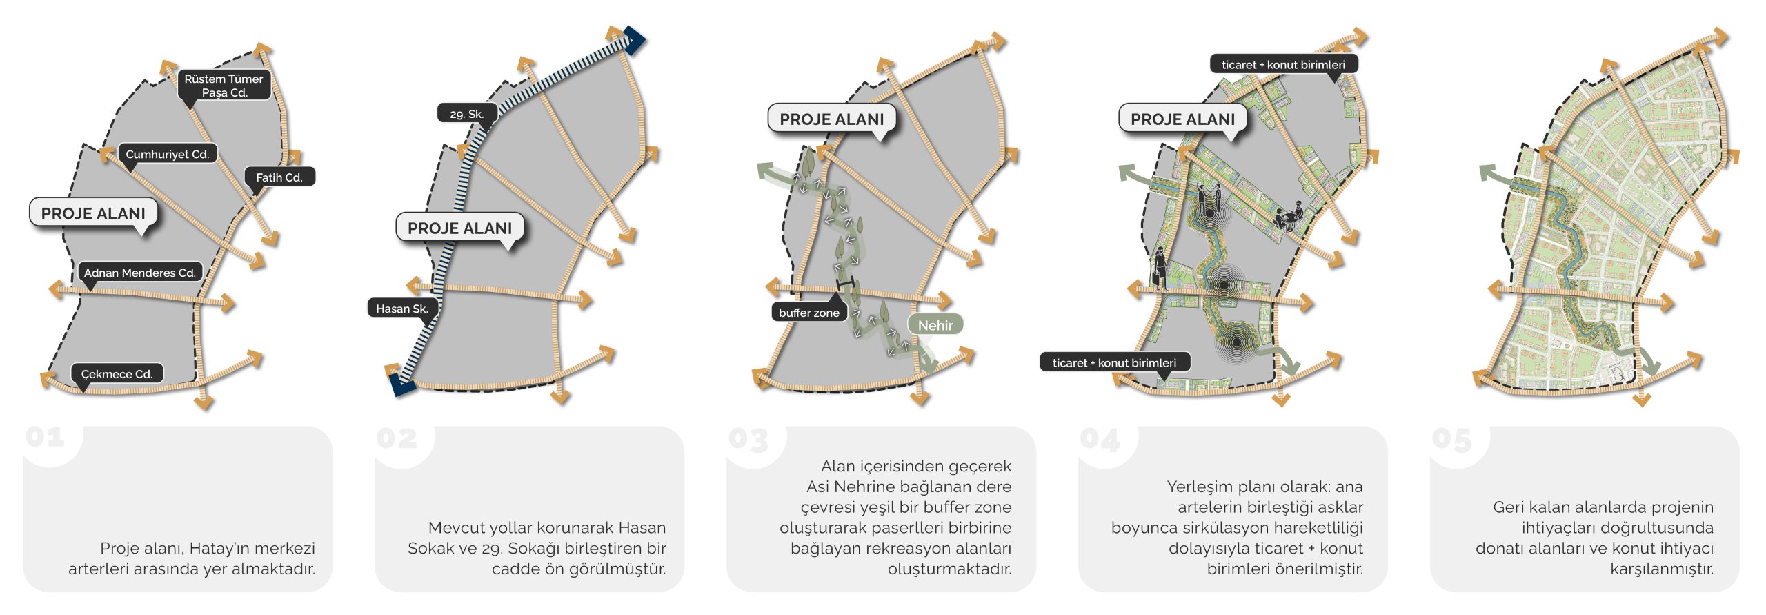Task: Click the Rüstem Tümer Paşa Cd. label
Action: point(223,86)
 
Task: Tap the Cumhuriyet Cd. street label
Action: point(167,154)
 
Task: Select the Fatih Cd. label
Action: point(279,177)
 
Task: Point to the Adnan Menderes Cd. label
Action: point(140,273)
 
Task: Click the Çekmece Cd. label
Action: point(117,374)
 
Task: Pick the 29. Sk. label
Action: point(467,114)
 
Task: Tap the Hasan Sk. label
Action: point(402,309)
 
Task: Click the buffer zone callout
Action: point(808,313)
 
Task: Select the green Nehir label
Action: point(935,325)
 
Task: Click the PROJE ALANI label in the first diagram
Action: point(93,213)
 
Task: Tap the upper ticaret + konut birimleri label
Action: point(1283,65)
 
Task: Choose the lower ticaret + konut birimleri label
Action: point(1114,362)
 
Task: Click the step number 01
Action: point(46,438)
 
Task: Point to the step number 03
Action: point(748,440)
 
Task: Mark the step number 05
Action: point(1452,440)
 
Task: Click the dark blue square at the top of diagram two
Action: point(633,41)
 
